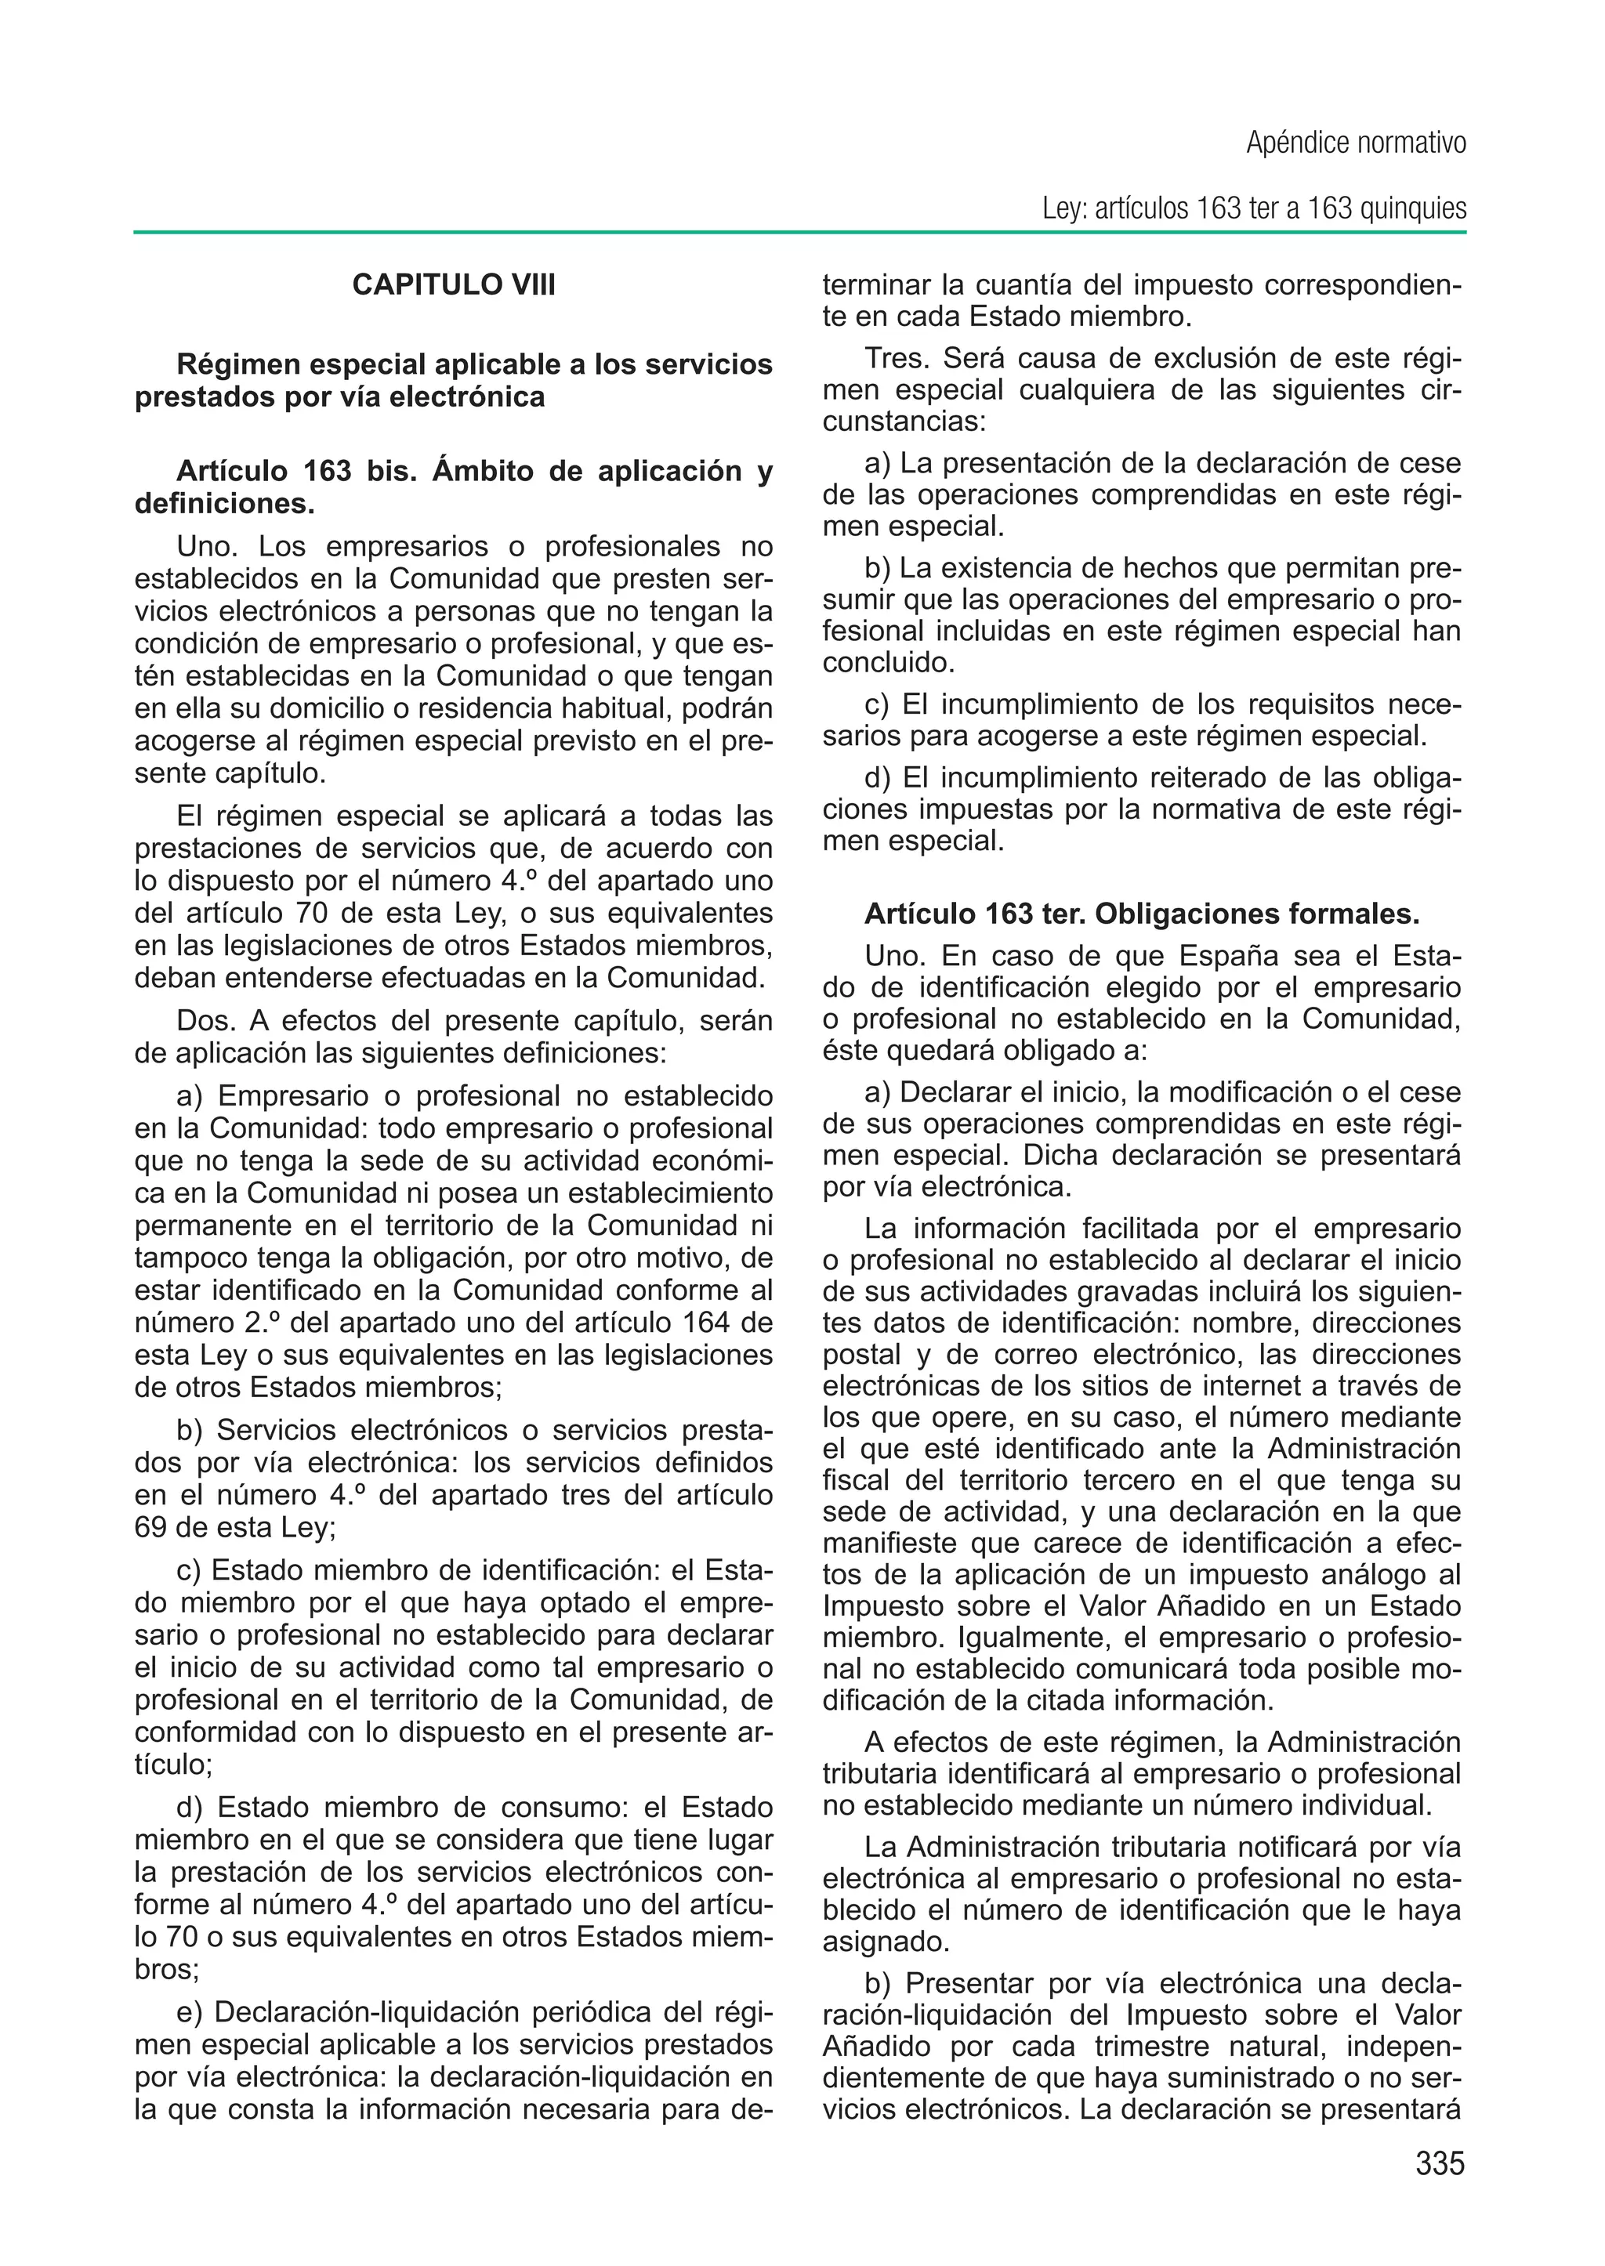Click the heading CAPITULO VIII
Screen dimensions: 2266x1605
454,285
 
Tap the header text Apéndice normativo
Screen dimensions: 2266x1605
1356,143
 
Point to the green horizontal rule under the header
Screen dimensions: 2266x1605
799,233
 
